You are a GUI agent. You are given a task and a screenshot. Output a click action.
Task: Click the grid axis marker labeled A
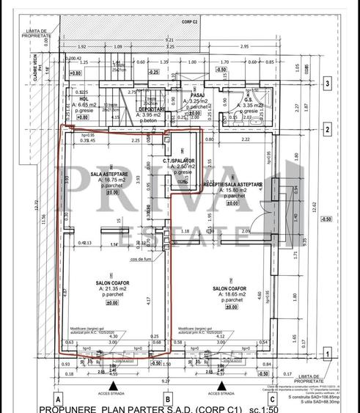57,399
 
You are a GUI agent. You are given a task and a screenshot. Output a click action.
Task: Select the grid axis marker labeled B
169,399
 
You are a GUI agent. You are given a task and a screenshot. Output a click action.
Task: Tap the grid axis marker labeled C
272,399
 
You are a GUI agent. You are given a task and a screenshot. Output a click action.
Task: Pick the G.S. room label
249,99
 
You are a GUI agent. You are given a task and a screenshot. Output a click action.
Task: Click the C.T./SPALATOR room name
179,159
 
